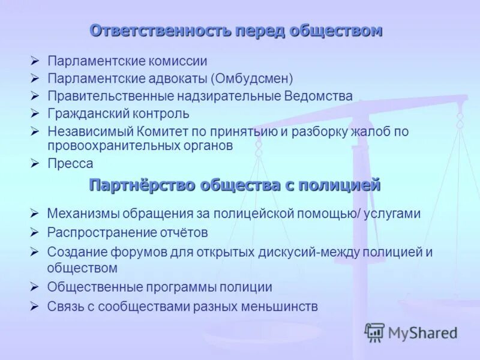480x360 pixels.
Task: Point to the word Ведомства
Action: tap(318, 96)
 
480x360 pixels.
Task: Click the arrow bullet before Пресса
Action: tap(35, 163)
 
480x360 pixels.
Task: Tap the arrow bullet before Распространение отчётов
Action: tap(35, 232)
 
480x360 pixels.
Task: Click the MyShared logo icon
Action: tap(374, 332)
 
